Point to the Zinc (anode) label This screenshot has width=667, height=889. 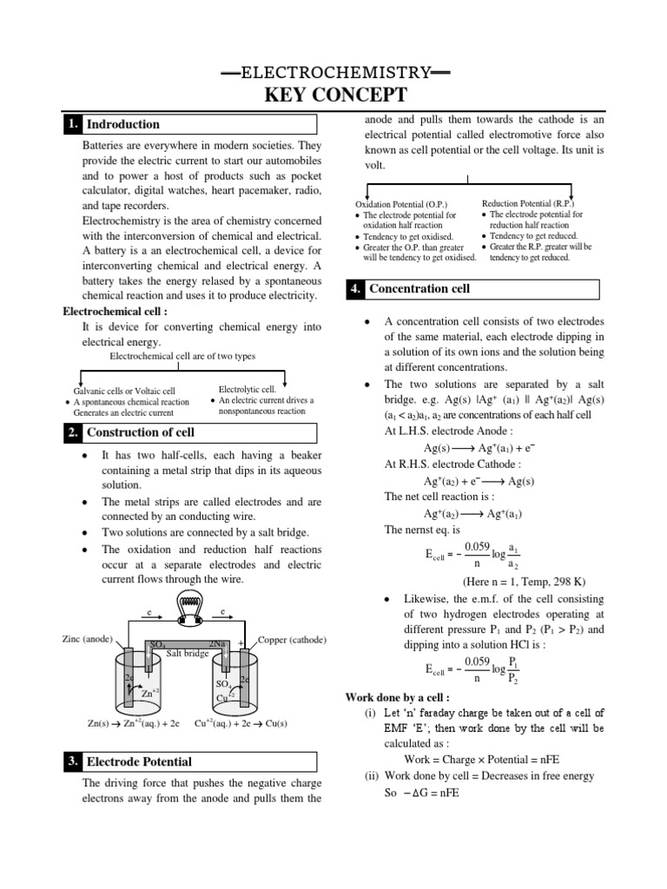pos(88,639)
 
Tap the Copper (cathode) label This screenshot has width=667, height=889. pos(292,640)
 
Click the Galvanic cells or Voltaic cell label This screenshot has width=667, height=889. pos(124,392)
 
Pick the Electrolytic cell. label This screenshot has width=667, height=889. pos(246,390)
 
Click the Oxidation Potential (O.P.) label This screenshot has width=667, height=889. pos(400,203)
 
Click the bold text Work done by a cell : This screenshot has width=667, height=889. pos(398,697)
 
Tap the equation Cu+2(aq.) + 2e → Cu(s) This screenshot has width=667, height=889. pos(241,722)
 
